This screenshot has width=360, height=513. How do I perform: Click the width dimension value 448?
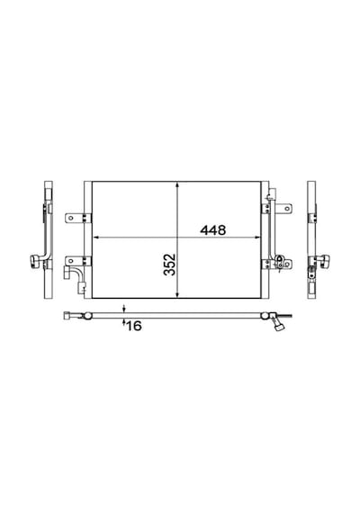click(x=213, y=230)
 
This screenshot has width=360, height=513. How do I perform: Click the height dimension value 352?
click(x=170, y=265)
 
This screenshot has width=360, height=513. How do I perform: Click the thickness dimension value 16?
click(x=133, y=326)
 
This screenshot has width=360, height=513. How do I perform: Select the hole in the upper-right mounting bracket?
click(x=287, y=209)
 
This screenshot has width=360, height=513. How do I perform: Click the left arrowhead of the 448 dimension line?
click(x=96, y=238)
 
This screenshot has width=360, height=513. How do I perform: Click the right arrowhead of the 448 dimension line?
click(x=257, y=238)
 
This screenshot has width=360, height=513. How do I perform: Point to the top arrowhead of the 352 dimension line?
click(x=177, y=185)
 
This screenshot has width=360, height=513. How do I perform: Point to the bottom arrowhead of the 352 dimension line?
click(x=177, y=294)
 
